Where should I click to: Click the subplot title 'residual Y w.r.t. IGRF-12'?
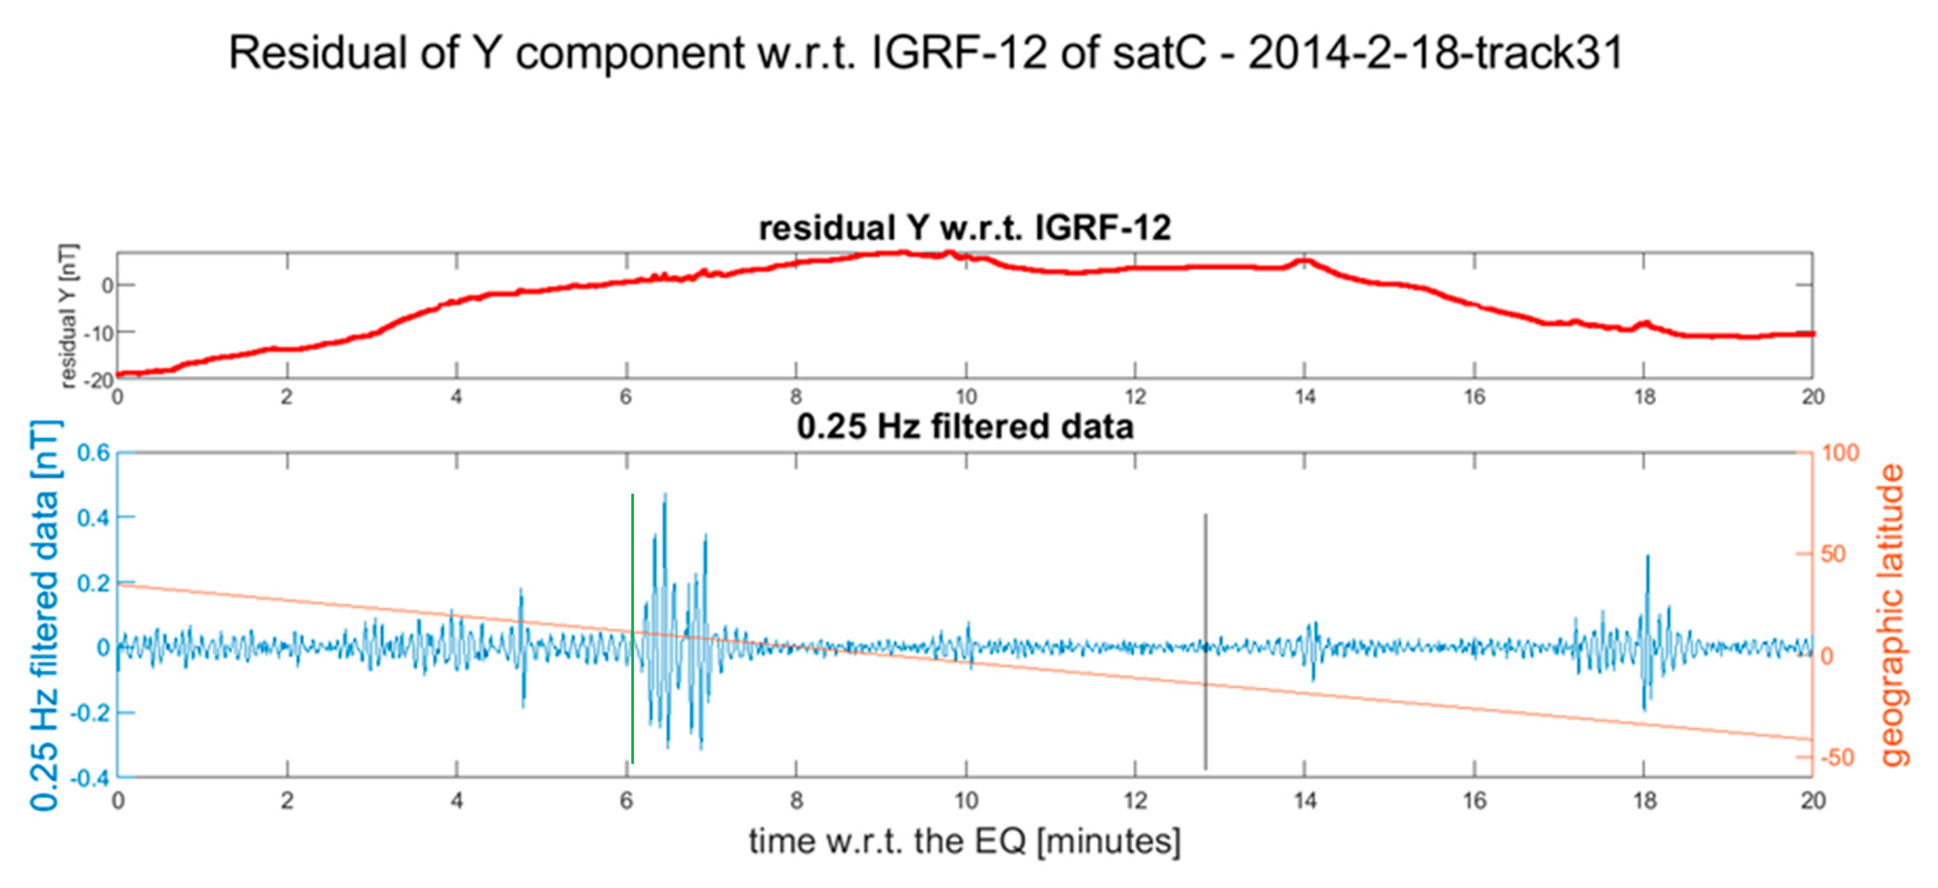click(x=965, y=228)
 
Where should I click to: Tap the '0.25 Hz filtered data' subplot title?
click(x=965, y=427)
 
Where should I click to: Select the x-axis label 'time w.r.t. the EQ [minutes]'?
click(x=965, y=841)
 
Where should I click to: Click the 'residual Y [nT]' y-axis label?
click(x=68, y=316)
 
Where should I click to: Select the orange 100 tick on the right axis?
click(x=1840, y=453)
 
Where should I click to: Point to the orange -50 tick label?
click(x=1837, y=757)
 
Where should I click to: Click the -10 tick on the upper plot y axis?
click(x=98, y=333)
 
